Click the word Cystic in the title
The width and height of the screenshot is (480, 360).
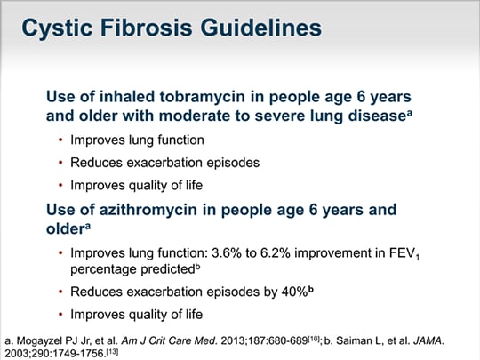click(x=57, y=28)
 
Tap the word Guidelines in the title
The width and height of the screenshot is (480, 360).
click(x=260, y=28)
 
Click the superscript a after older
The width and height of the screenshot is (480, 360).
click(x=87, y=227)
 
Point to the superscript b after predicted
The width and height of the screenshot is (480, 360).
click(x=197, y=267)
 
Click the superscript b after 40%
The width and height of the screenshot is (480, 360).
click(x=311, y=289)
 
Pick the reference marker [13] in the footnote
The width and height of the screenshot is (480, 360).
click(x=112, y=352)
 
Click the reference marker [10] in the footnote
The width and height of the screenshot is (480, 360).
click(x=314, y=339)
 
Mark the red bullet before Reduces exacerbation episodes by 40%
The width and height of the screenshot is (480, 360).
click(x=60, y=292)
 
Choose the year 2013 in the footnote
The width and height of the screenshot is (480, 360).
click(x=232, y=340)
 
